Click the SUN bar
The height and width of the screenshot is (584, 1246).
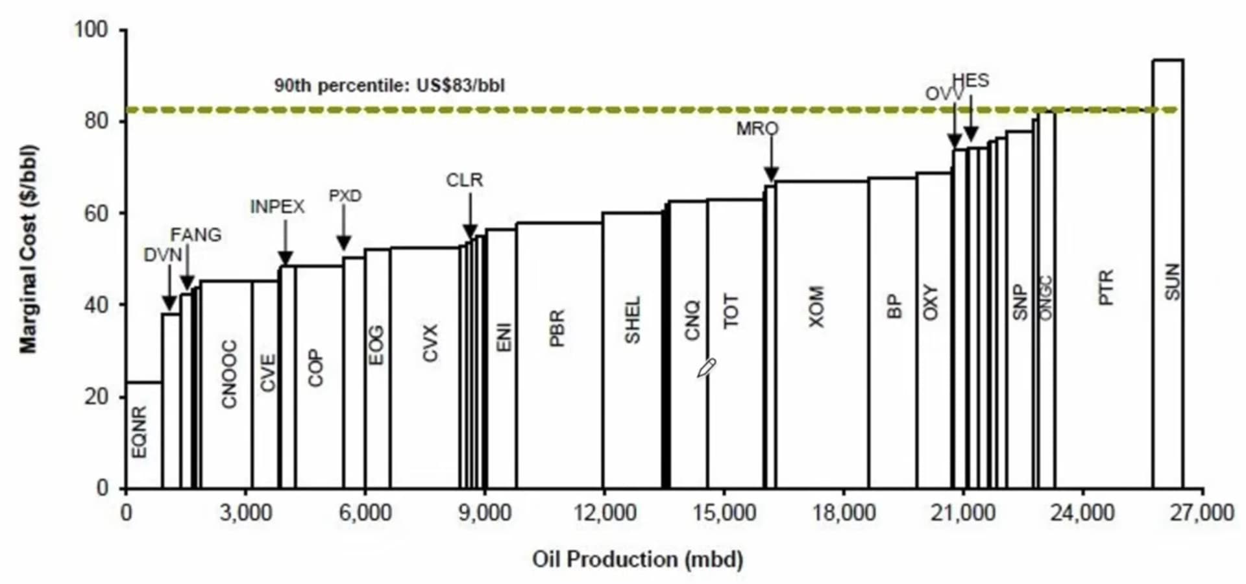click(1167, 273)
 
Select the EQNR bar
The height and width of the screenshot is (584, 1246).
click(143, 435)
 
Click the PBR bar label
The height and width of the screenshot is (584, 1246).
click(557, 328)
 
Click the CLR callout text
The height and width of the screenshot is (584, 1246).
click(465, 180)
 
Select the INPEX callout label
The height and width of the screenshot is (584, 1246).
click(278, 207)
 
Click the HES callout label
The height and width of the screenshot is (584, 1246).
click(971, 81)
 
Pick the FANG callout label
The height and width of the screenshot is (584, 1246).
click(196, 235)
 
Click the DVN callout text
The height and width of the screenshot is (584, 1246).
click(163, 255)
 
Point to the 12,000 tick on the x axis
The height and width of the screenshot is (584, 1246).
click(605, 513)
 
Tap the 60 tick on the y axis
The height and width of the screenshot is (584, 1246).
click(95, 213)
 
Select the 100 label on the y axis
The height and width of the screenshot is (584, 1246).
click(91, 30)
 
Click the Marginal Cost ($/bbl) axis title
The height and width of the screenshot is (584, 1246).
click(29, 249)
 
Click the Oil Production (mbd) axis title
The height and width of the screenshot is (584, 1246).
click(637, 559)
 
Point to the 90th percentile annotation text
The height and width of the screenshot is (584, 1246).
click(389, 86)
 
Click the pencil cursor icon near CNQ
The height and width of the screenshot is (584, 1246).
click(706, 367)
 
